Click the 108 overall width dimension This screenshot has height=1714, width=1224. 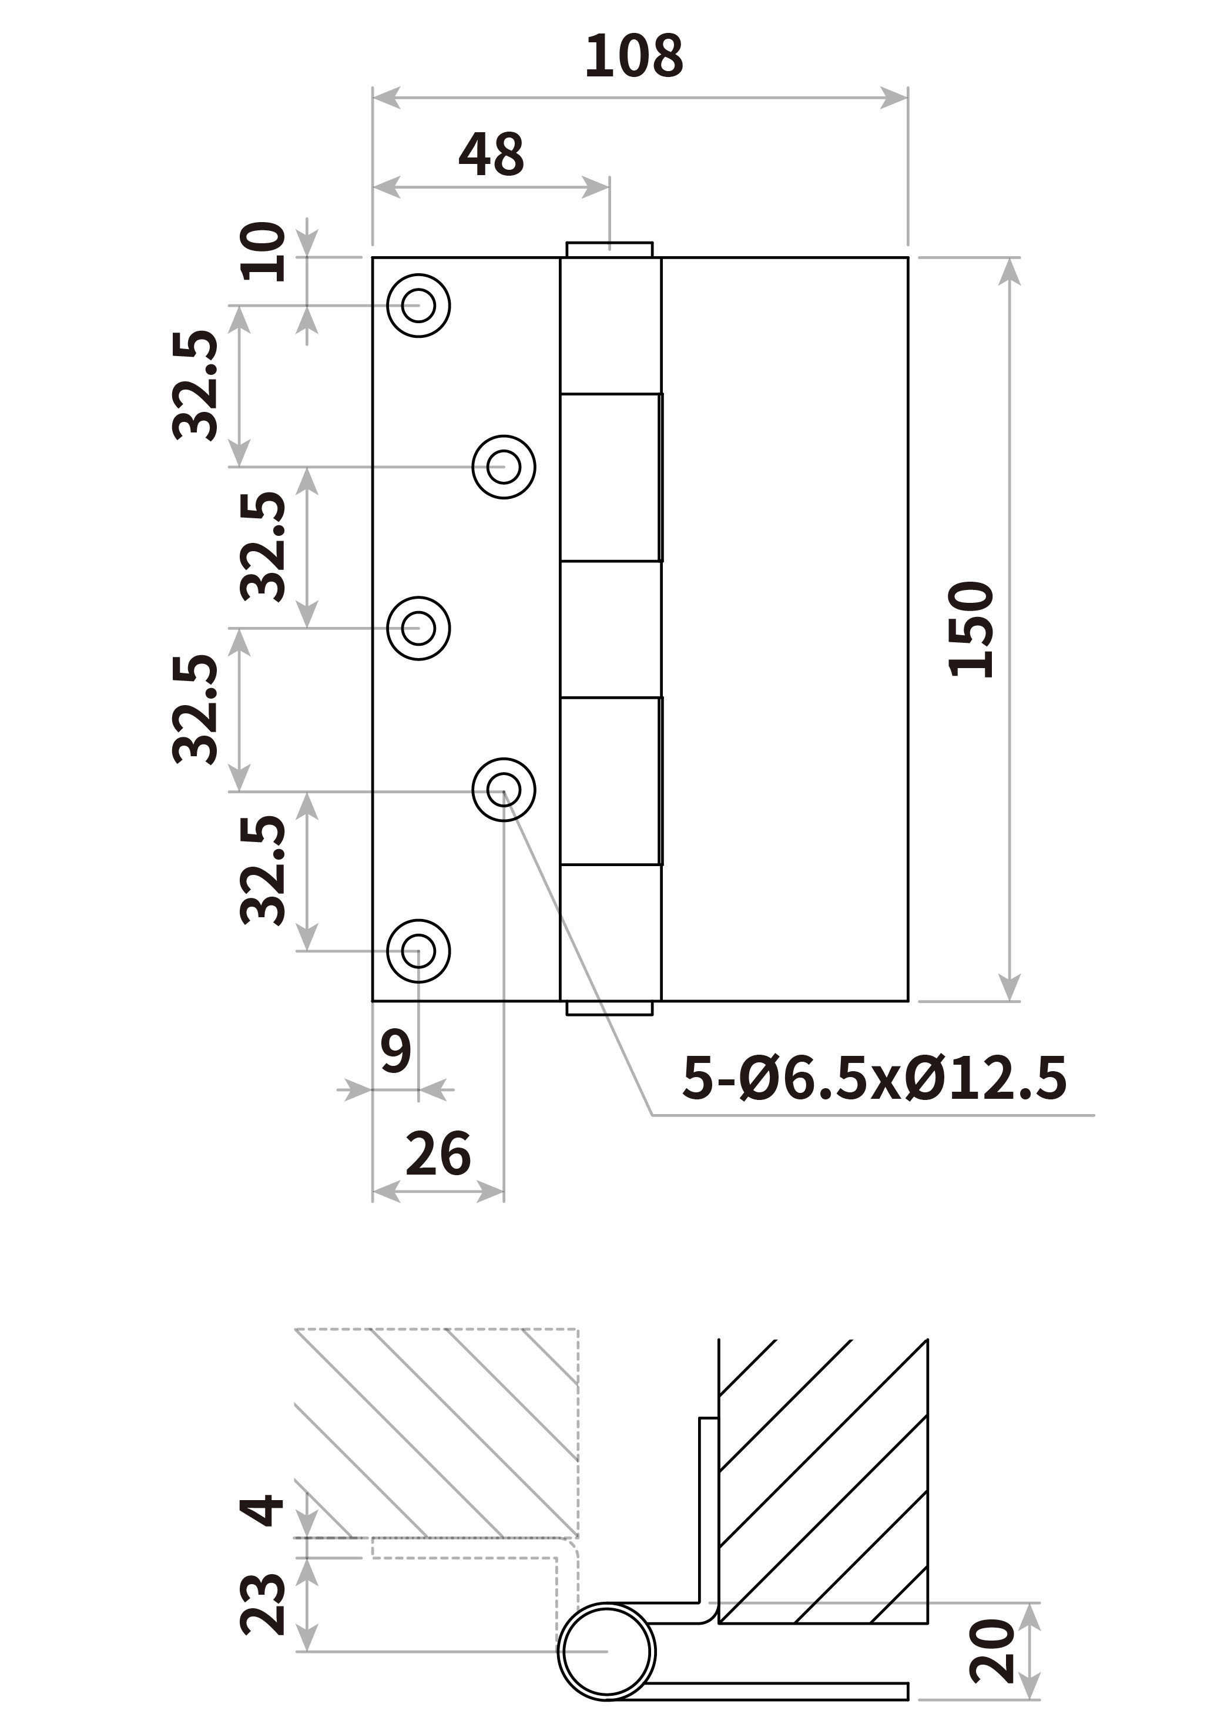coord(634,56)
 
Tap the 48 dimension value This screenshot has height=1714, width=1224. coord(491,155)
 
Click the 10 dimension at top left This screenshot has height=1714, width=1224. coord(262,251)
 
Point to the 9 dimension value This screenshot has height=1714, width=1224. coord(395,1051)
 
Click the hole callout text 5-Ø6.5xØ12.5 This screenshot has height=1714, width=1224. coord(874,1078)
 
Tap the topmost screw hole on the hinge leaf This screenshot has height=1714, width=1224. coord(418,306)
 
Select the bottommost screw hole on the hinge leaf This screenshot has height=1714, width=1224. coord(418,951)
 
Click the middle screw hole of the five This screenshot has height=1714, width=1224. coord(418,629)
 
